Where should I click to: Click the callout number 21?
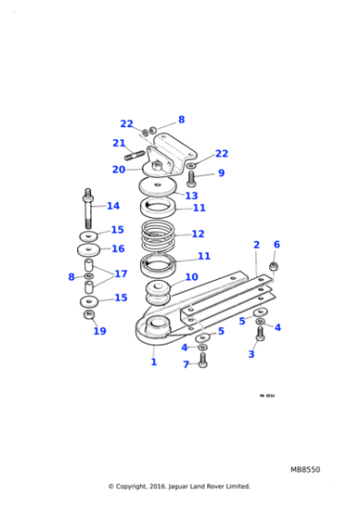coord(119,143)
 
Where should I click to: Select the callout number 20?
coord(119,169)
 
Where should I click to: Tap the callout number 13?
coord(191,195)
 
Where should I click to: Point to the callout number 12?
coord(197,234)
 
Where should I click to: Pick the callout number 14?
coord(113,206)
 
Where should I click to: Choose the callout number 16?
coord(117,248)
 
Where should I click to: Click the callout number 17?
coord(120,273)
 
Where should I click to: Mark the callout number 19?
coord(99,331)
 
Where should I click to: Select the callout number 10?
coord(191,277)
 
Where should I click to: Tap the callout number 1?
coord(154,362)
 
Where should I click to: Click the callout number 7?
coord(185,364)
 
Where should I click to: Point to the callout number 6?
coord(276,245)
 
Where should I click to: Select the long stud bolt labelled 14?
coord(88,211)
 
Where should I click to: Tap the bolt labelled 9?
coord(192,179)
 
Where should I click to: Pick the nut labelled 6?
coord(274,266)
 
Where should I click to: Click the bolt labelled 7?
coord(202,359)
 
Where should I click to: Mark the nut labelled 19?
coord(89,314)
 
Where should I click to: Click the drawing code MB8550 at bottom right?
coord(305,469)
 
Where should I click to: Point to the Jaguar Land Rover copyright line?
coord(179,486)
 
